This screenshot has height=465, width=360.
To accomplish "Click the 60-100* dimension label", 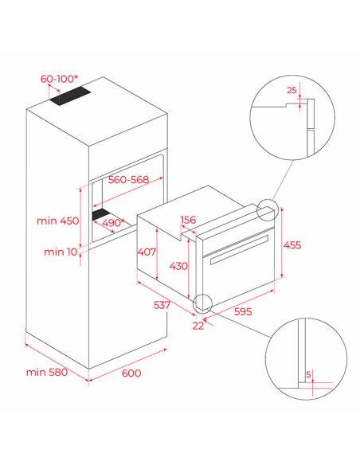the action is point(59,79).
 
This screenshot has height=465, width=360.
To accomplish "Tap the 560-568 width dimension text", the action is point(128,179).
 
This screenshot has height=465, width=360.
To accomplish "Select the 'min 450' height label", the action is point(58,221).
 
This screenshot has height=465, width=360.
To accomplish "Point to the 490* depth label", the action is point(113,222).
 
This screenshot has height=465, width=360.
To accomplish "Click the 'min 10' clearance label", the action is point(61,252).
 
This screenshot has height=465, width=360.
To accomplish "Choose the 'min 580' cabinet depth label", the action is point(47,372).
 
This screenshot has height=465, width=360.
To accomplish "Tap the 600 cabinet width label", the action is point(131,373).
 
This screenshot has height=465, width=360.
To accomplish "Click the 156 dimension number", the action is point(188,220).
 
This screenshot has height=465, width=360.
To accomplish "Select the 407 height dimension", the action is point(147,252).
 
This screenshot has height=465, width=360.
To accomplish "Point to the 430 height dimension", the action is point(178,266).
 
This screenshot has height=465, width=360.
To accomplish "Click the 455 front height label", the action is point(292,245).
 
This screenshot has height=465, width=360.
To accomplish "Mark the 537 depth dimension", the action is point(162,305).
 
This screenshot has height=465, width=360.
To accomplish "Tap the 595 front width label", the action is point(243,311).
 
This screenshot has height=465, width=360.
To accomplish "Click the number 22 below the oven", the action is point(198,326).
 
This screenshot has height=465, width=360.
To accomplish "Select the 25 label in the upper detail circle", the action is point(292,90).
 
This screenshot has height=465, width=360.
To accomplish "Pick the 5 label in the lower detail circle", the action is point(308,374).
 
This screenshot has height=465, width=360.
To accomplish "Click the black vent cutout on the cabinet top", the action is point(70,96).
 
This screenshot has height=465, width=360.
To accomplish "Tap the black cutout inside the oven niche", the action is point(101,214).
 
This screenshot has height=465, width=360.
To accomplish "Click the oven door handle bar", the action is point(239,250).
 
